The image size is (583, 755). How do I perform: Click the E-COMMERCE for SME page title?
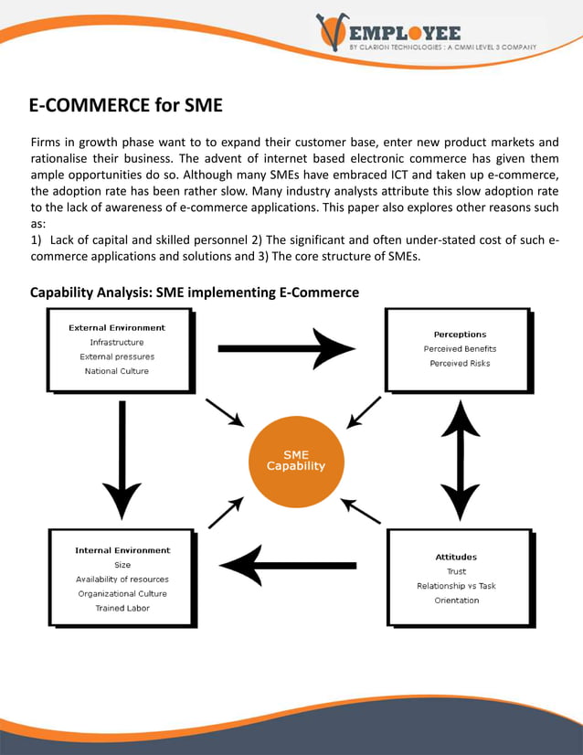click(x=125, y=105)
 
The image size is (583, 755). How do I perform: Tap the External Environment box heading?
click(x=117, y=327)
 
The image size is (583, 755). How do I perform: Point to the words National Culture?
click(x=117, y=371)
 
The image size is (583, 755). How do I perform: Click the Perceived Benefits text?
click(x=460, y=348)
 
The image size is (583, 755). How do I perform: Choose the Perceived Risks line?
click(x=460, y=363)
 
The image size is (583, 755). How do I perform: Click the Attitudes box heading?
click(x=456, y=556)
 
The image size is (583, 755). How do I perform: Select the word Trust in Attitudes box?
click(x=456, y=570)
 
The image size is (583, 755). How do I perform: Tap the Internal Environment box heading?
click(x=122, y=550)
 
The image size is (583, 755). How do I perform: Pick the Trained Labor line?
click(x=122, y=608)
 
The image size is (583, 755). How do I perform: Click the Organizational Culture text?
click(x=122, y=593)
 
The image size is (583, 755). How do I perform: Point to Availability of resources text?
click(x=122, y=579)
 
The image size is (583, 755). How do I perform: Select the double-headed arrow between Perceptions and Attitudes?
click(x=461, y=462)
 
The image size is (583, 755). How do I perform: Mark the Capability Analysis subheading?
click(x=194, y=292)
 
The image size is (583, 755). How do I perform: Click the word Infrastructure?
click(x=117, y=342)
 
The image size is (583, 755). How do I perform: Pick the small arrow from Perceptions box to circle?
click(x=365, y=412)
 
